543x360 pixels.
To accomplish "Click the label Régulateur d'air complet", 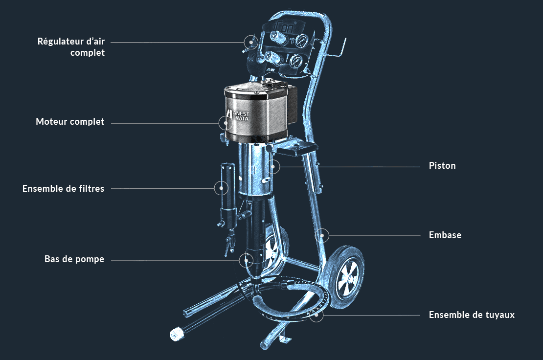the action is [x=71, y=47].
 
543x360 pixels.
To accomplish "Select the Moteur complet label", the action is [x=70, y=121].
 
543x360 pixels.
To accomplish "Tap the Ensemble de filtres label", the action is [x=64, y=188].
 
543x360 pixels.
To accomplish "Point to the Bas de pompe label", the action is [x=74, y=259].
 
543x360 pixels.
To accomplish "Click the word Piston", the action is [x=442, y=165].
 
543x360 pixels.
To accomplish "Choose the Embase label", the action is [x=445, y=235].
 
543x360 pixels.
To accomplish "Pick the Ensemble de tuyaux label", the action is [x=472, y=315].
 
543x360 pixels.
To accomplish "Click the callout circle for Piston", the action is [x=273, y=167].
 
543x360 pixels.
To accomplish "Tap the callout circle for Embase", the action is [x=322, y=236].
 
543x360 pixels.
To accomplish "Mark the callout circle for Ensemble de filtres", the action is [x=221, y=188].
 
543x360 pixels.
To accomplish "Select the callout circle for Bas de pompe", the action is [x=246, y=260].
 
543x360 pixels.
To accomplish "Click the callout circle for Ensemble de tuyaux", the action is [x=317, y=315].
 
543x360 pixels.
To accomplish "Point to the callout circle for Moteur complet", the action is [x=226, y=123].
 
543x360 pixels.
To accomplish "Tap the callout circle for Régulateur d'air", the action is [x=251, y=42].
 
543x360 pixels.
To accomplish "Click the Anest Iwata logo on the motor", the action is [x=238, y=115].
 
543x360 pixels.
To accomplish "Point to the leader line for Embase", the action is [x=375, y=236].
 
